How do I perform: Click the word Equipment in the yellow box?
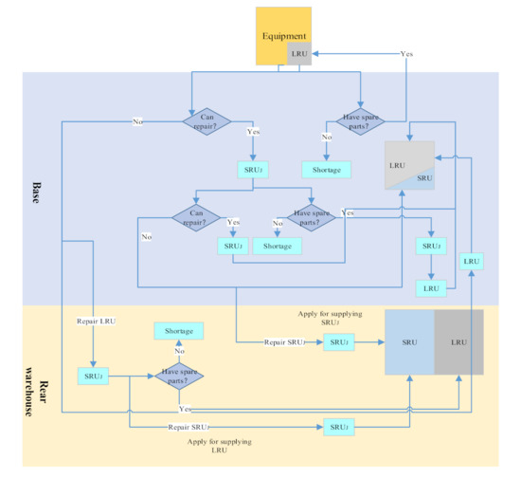point(284,36)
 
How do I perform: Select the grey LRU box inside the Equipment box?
point(299,53)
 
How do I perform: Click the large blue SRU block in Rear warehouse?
point(409,341)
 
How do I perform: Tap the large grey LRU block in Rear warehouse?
point(458,341)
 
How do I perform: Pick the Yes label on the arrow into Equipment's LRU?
point(406,53)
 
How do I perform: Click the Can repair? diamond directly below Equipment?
point(213,120)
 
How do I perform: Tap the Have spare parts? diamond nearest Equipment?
point(360,120)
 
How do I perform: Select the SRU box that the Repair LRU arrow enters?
point(94,377)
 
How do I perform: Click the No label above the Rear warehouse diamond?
point(179,351)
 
